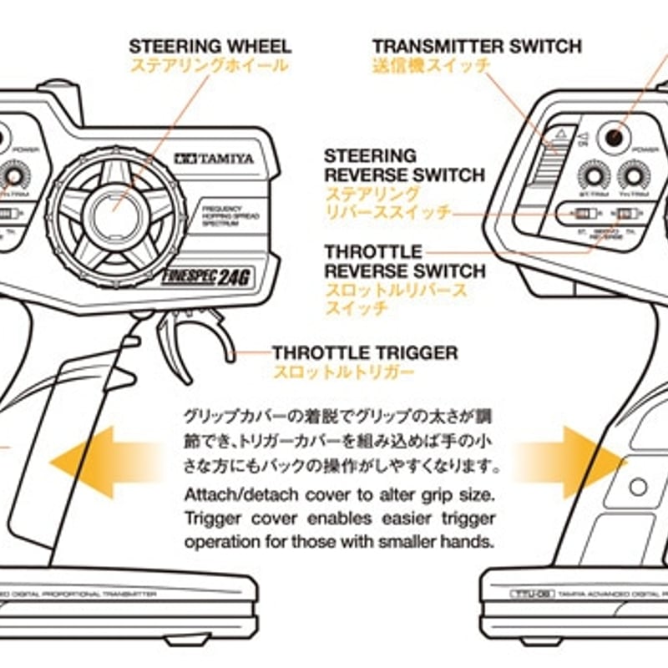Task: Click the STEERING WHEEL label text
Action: pyautogui.click(x=210, y=46)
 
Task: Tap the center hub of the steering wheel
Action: pyautogui.click(x=112, y=212)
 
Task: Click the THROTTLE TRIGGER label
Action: pyautogui.click(x=364, y=353)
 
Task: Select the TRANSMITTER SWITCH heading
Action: pyautogui.click(x=477, y=46)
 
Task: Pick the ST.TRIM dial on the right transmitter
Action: pyautogui.click(x=594, y=176)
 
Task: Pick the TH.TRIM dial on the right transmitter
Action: pyautogui.click(x=634, y=176)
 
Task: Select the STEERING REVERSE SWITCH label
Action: pyautogui.click(x=404, y=165)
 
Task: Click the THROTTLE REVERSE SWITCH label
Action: pyautogui.click(x=404, y=261)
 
